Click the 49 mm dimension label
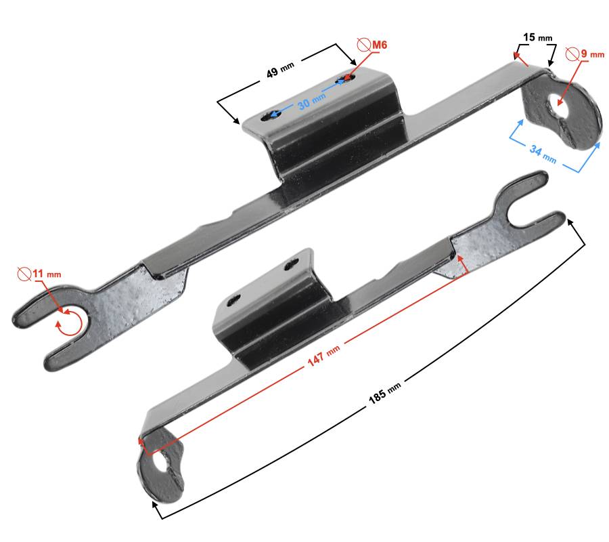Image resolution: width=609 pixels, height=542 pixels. coord(280,69)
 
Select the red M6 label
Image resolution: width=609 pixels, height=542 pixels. coord(380,45)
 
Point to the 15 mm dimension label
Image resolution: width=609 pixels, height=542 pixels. coord(537,37)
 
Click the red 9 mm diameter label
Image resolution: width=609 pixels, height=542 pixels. coord(592,54)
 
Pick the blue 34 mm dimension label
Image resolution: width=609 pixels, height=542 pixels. coord(543,154)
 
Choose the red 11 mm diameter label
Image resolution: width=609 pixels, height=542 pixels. coord(47,274)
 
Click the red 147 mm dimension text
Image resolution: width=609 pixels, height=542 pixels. coord(323,356)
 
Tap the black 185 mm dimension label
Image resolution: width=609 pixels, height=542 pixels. coord(384,393)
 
